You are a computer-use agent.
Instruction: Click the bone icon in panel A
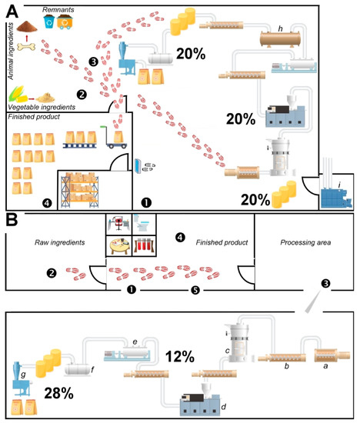pyautogui.click(x=26, y=47)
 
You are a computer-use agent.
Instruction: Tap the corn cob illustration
pyautogui.click(x=18, y=94)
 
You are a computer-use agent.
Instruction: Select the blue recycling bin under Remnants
pyautogui.click(x=49, y=22)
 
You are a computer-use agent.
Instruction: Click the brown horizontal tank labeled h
pyautogui.click(x=280, y=39)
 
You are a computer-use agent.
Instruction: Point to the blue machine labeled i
pyautogui.click(x=336, y=197)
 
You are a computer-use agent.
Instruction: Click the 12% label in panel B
pyautogui.click(x=180, y=356)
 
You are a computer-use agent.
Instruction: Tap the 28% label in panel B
pyautogui.click(x=58, y=393)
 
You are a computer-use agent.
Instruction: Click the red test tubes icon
pyautogui.click(x=144, y=246)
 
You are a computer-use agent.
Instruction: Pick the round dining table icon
pyautogui.click(x=119, y=246)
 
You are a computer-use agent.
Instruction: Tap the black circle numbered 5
pyautogui.click(x=195, y=290)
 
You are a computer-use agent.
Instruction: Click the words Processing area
pyautogui.click(x=305, y=242)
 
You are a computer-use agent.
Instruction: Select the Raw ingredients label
pyautogui.click(x=60, y=242)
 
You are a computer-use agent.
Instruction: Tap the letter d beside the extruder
pyautogui.click(x=223, y=406)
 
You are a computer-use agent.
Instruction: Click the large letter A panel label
pyautogui.click(x=12, y=12)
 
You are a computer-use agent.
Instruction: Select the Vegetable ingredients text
pyautogui.click(x=42, y=107)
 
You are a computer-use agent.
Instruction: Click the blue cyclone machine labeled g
pyautogui.click(x=22, y=378)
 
